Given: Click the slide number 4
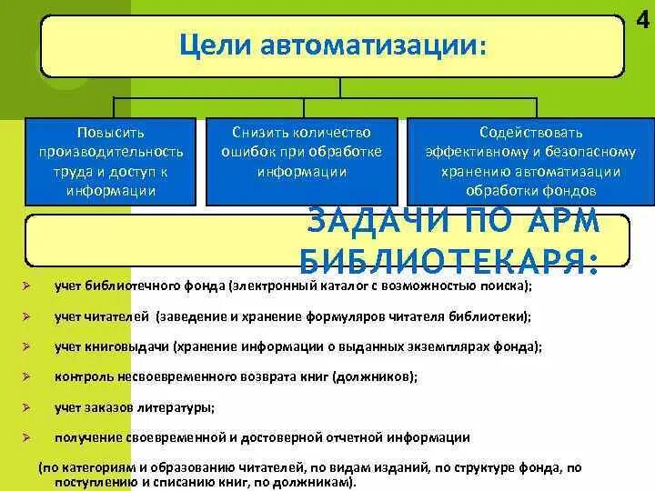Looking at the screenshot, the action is coord(643,17).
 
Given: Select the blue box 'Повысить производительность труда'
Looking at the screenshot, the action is coord(111,161).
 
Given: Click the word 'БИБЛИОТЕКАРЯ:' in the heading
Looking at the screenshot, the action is coord(448,261).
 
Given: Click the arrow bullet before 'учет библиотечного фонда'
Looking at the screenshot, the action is coord(29,286).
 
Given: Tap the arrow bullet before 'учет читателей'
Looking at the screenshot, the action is coord(29,316).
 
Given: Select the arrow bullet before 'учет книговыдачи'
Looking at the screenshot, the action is coord(29,346).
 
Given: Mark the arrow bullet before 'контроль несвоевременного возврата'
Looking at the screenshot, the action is coord(29,376).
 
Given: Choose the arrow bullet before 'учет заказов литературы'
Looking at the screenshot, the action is coord(29,407).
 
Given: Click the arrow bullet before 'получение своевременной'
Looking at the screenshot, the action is coord(29,437).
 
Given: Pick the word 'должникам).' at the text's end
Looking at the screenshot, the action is coord(320,482).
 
